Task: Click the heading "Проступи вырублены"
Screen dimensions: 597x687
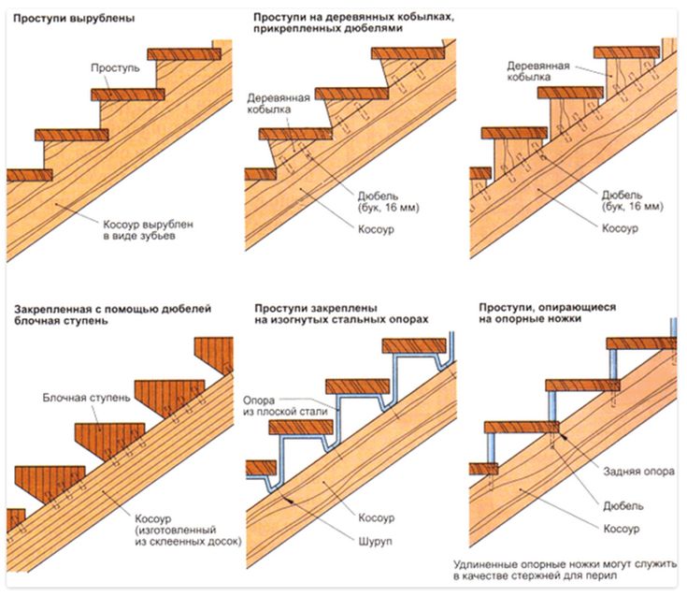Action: coord(71,19)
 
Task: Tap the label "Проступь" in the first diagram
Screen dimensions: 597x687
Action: coord(115,68)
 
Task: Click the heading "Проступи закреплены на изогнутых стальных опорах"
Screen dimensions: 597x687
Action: coord(341,313)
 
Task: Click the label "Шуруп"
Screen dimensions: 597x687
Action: coord(378,538)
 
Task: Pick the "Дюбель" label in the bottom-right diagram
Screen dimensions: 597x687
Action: coord(623,506)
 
